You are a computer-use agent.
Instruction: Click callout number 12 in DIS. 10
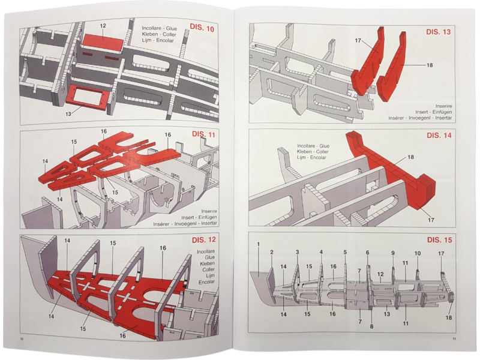[x=103, y=26]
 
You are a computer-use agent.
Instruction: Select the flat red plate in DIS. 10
[x=102, y=42]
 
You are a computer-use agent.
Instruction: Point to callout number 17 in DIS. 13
[x=358, y=41]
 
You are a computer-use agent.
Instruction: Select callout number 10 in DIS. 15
[x=418, y=254]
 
